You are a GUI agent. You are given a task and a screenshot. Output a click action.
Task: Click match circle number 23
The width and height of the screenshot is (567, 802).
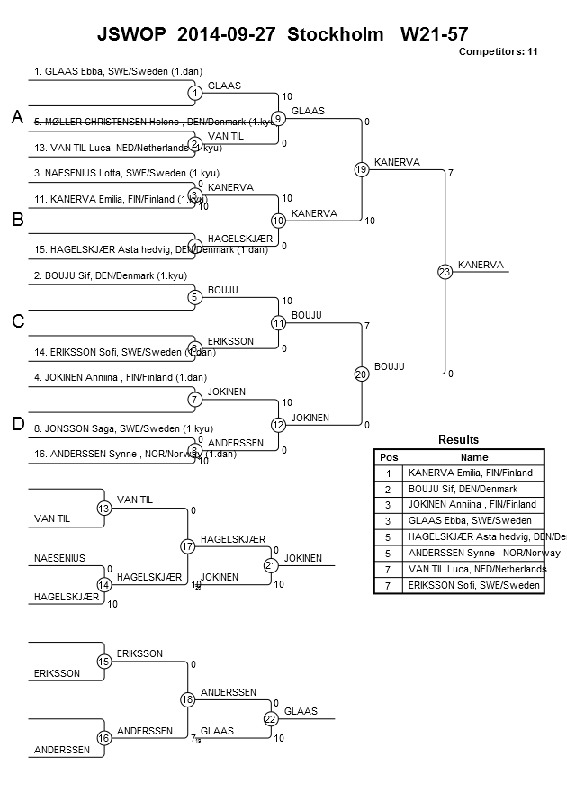(x=444, y=272)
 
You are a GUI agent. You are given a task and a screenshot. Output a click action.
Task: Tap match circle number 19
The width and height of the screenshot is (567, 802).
(x=361, y=169)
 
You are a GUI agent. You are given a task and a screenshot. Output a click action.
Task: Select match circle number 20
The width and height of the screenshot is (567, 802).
(x=361, y=374)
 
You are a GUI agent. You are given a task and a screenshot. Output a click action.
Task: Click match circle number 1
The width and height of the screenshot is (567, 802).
(x=194, y=93)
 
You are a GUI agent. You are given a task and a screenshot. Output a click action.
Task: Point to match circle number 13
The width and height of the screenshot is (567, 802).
(x=103, y=509)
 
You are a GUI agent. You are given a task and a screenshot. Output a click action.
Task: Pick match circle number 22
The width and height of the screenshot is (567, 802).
(x=271, y=718)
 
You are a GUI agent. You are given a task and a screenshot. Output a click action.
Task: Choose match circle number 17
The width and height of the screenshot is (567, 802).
(x=187, y=546)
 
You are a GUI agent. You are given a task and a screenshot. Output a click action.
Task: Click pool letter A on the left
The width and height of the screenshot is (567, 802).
(x=17, y=118)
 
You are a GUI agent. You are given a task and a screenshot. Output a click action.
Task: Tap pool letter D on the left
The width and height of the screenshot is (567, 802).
(x=17, y=424)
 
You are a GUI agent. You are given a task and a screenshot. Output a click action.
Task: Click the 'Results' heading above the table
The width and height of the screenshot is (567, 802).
(x=458, y=439)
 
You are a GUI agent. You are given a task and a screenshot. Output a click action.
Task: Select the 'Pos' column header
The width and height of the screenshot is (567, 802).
(x=389, y=457)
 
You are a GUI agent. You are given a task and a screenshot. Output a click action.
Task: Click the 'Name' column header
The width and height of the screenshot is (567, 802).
(x=473, y=457)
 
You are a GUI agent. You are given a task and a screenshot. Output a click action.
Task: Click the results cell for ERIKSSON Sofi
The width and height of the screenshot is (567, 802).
(x=472, y=585)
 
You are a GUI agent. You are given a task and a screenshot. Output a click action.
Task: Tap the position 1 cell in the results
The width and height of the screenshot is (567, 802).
(x=389, y=473)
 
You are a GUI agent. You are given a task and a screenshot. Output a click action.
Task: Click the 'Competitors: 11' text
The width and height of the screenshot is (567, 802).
(x=498, y=51)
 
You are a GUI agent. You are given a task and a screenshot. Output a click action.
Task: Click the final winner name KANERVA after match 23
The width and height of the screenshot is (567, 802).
(x=481, y=265)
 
